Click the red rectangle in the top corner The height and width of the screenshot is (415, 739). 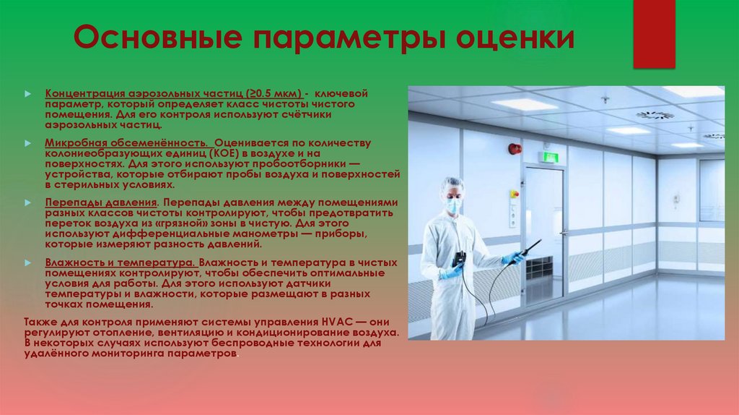point(653,33)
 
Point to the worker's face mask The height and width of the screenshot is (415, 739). point(453,206)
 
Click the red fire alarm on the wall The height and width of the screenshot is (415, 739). point(515,148)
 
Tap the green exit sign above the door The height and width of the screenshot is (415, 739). point(551,156)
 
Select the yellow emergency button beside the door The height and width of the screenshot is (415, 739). point(515,194)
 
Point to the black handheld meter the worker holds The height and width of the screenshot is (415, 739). point(459,260)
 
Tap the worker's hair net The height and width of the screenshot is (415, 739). point(452,185)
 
